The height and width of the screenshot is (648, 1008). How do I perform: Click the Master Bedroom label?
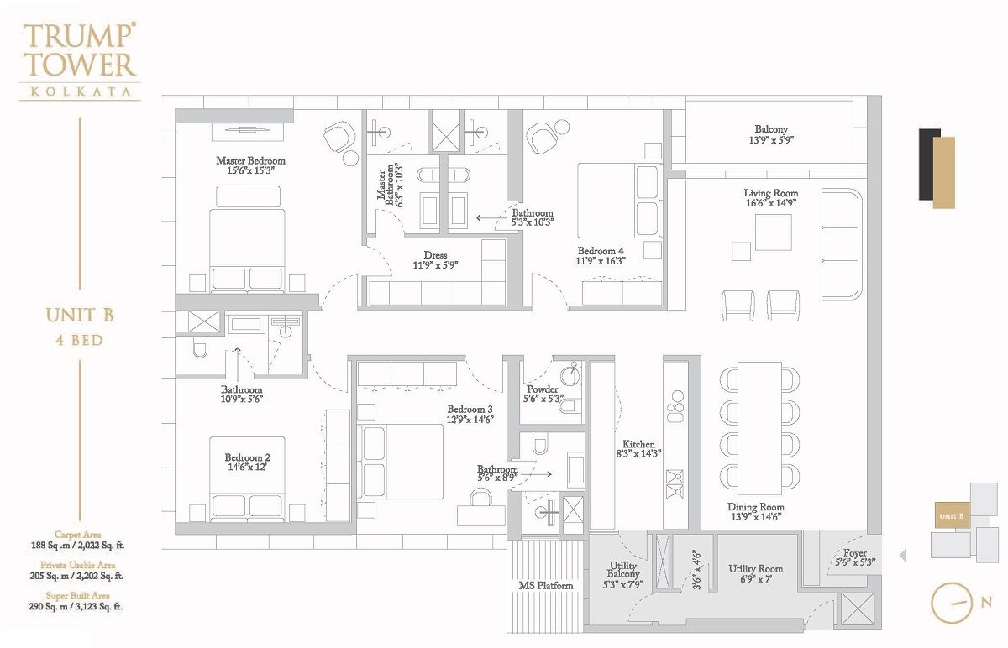pos(250,160)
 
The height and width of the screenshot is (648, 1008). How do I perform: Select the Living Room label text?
pos(770,193)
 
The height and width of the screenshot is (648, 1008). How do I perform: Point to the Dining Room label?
pos(755,507)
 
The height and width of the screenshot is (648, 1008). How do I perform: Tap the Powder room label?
pos(543,389)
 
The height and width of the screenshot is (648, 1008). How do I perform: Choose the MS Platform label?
pos(544,585)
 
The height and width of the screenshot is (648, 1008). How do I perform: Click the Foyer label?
pos(855,553)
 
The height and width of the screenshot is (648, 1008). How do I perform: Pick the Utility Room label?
pos(756,568)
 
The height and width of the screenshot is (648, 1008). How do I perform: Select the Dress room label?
pos(436,255)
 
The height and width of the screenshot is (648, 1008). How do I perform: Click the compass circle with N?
pos(952,604)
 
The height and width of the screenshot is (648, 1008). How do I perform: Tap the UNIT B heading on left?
pos(80,316)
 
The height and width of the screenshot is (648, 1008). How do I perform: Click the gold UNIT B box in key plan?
pos(951,515)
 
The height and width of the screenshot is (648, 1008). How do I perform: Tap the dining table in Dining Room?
pos(759,428)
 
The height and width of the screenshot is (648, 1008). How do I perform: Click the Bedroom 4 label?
pos(601,250)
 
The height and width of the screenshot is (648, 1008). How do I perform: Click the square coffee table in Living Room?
pos(772,233)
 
